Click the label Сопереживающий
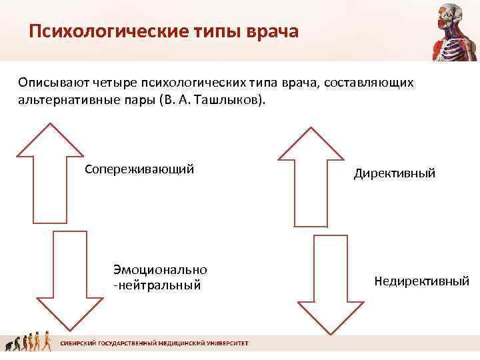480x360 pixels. (x=139, y=168)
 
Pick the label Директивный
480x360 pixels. (x=395, y=173)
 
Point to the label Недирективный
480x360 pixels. (x=421, y=281)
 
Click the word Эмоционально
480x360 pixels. (x=160, y=269)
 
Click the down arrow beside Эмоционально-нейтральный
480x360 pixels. (x=69, y=280)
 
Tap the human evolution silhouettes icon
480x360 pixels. (x=29, y=343)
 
